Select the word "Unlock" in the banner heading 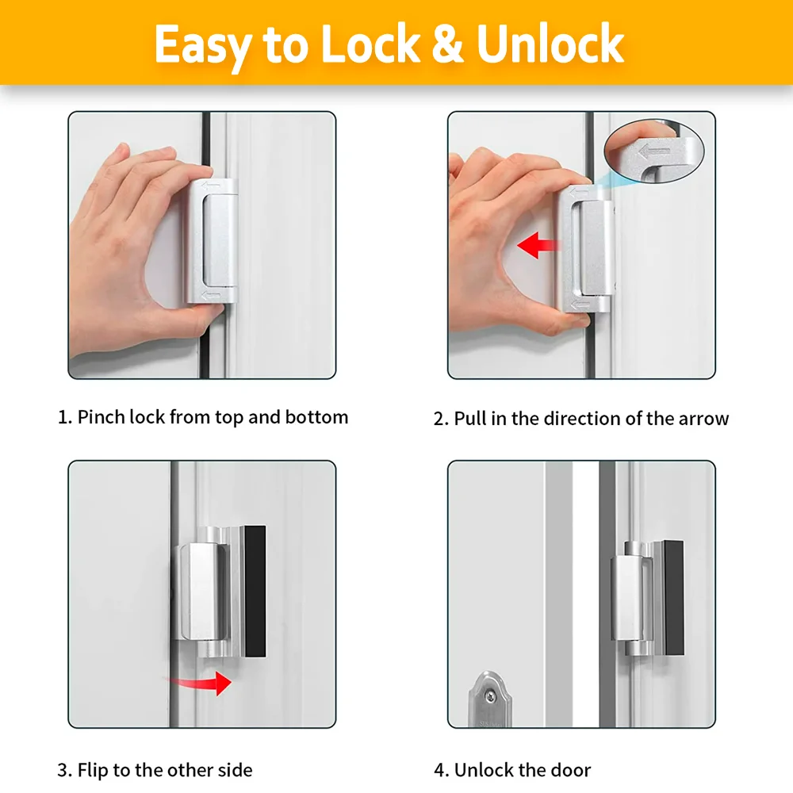pyautogui.click(x=551, y=45)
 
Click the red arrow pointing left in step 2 pyautogui.click(x=538, y=246)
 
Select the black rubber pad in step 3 pyautogui.click(x=255, y=591)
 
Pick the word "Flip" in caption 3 pyautogui.click(x=92, y=770)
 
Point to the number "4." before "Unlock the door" pyautogui.click(x=441, y=770)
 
